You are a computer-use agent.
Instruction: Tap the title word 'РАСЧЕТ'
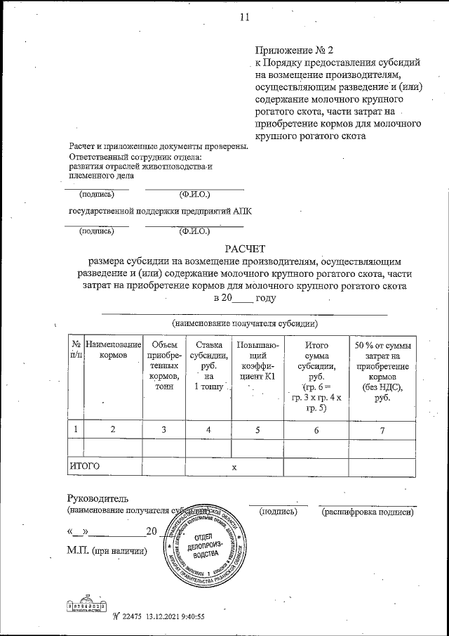point(246,248)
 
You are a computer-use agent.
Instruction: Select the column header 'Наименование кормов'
point(113,351)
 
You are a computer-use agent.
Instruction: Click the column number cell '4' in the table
point(208,428)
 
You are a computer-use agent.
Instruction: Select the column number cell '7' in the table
point(382,428)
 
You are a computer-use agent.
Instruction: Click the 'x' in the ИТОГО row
point(235,467)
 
